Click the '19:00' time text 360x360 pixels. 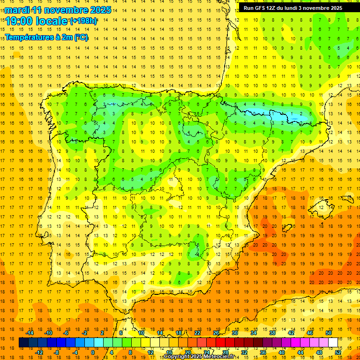20,21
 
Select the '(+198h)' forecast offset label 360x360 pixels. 83,21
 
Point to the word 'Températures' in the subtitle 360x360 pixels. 30,37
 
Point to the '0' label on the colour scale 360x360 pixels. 93,352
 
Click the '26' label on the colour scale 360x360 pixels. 216,333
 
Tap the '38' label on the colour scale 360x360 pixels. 272,333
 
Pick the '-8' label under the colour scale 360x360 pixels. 57,352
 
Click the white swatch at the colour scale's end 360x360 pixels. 333,343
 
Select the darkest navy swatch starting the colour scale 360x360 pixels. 24,343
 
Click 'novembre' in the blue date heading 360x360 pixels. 63,10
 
